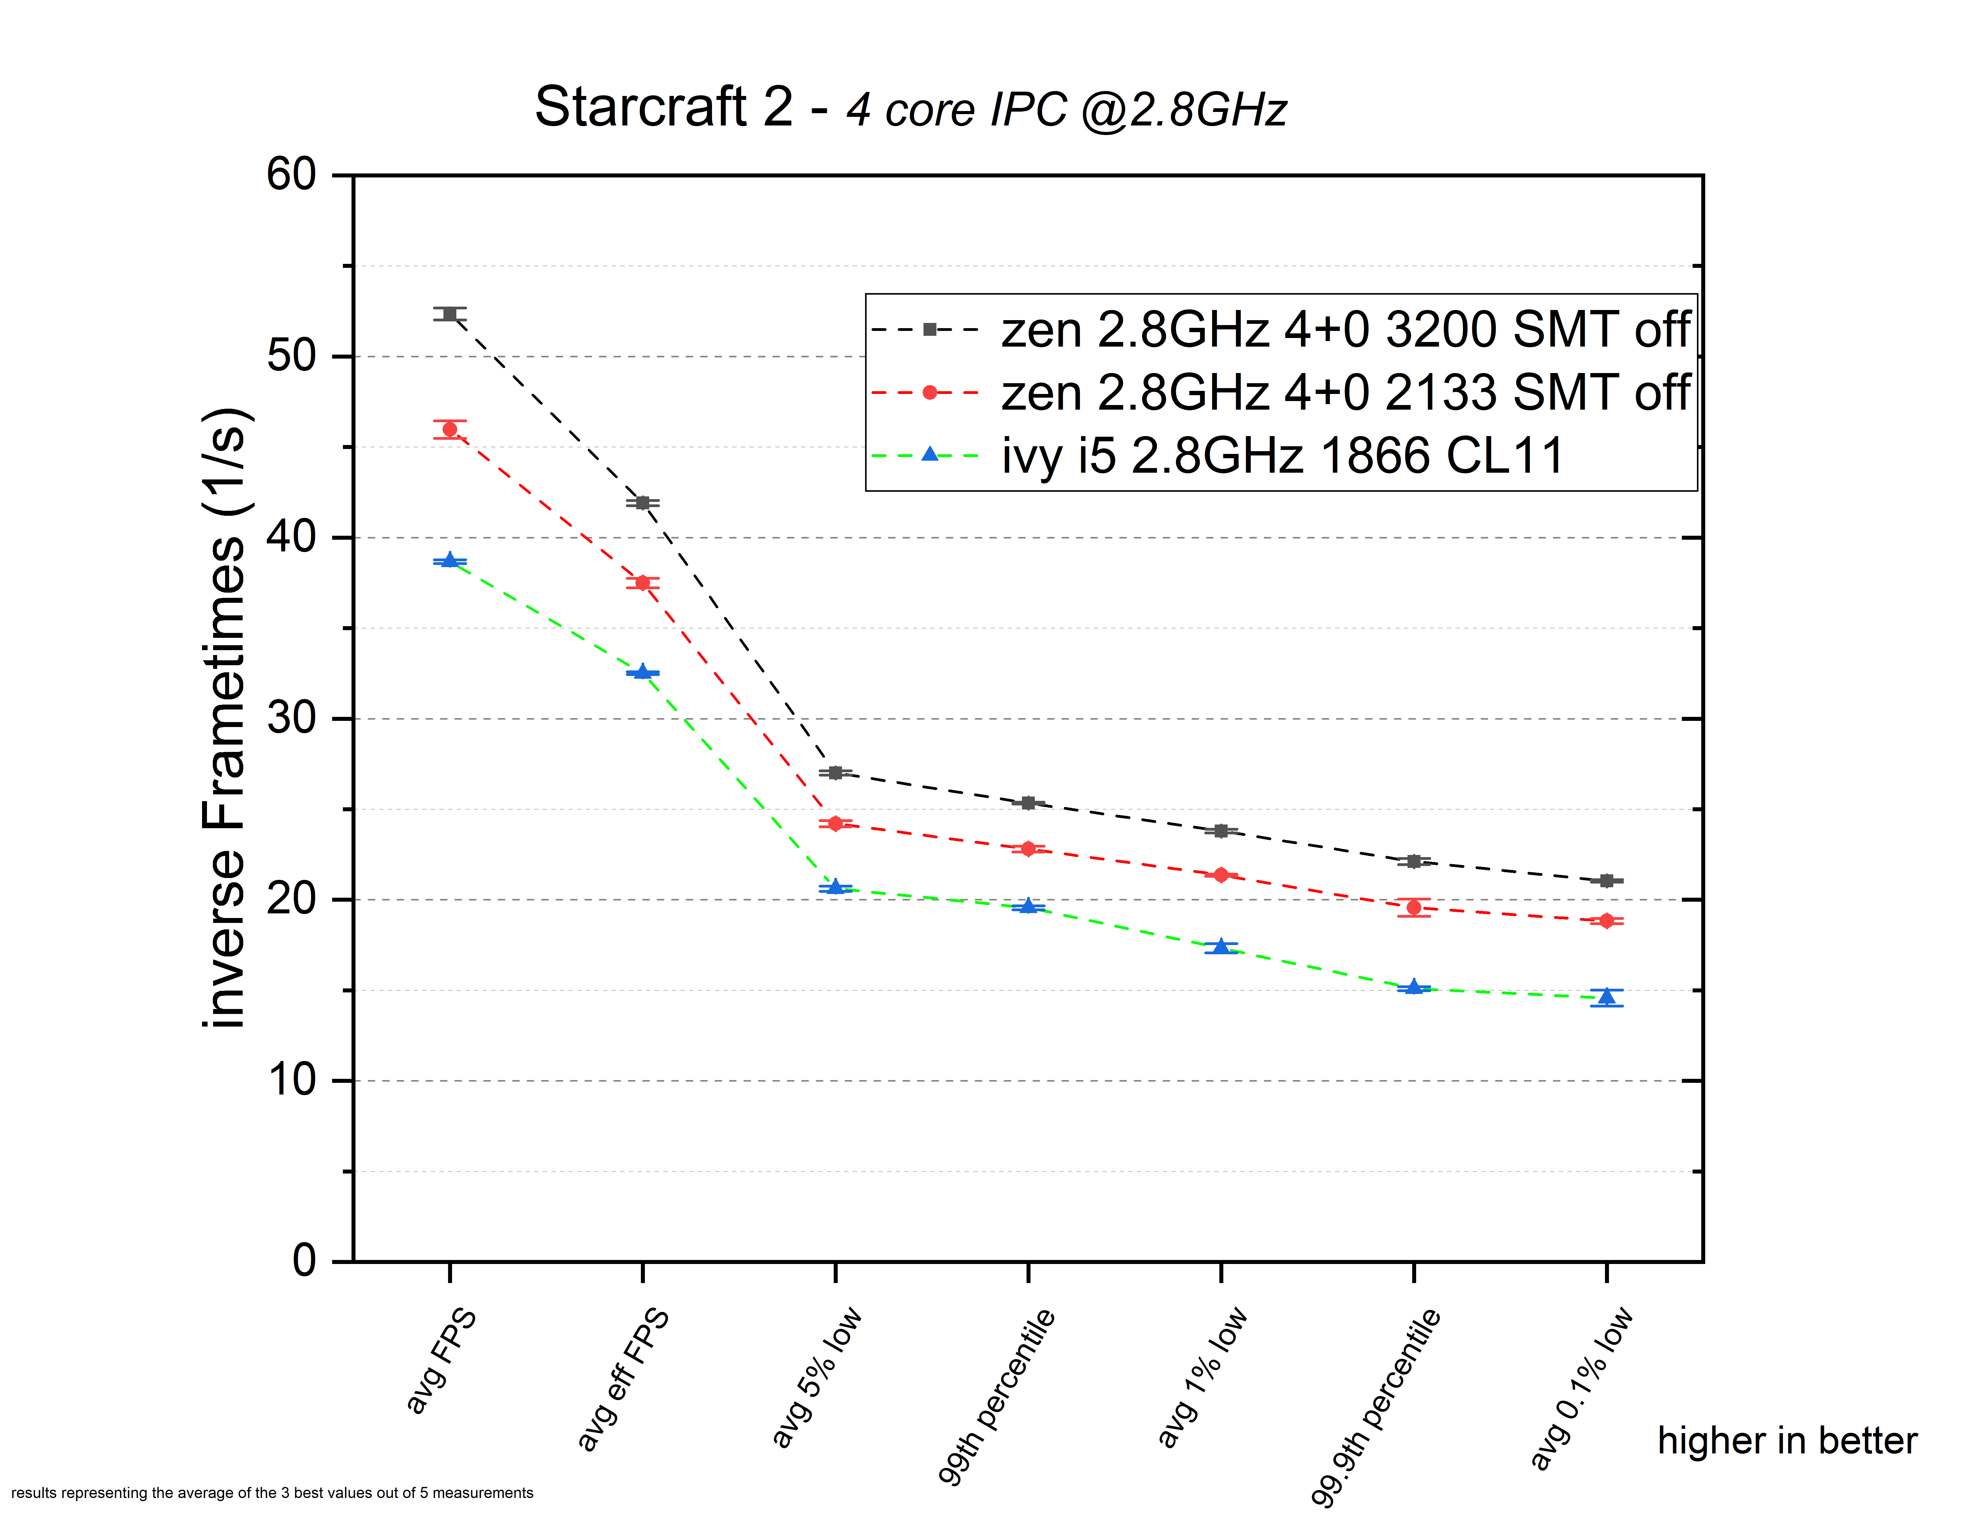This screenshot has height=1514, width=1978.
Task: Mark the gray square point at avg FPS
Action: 450,314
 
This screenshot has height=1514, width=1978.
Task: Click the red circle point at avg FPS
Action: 450,430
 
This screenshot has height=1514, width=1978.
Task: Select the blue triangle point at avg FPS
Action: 450,561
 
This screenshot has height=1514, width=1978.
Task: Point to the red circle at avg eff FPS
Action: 642,583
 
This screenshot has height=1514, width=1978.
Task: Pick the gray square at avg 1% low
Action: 1221,831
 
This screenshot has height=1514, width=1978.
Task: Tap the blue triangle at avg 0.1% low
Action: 1607,997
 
